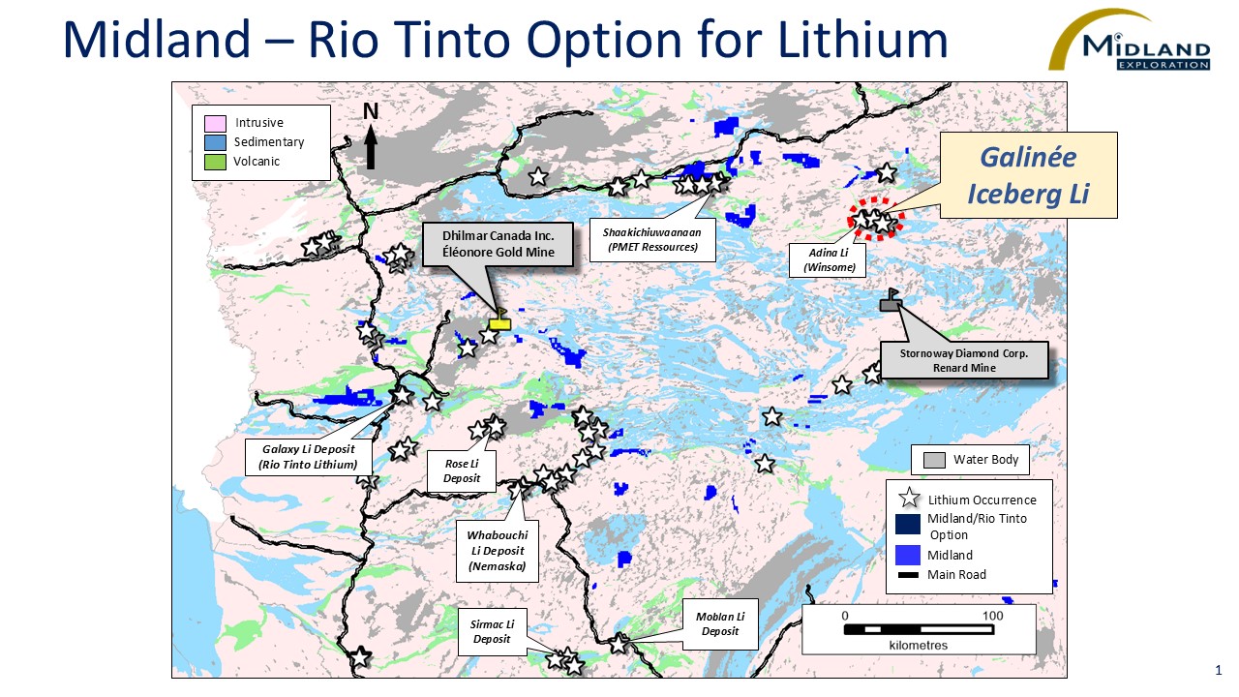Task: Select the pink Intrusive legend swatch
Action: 215,123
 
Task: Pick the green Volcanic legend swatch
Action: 215,162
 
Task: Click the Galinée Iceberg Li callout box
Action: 1028,175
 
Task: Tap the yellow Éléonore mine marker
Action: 499,323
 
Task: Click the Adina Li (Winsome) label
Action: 829,260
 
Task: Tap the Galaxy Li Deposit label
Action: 308,457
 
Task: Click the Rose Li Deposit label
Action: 462,471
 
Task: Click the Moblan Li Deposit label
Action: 719,623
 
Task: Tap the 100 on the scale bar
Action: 993,616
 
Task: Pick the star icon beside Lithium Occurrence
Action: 909,500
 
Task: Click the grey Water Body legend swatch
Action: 934,461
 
